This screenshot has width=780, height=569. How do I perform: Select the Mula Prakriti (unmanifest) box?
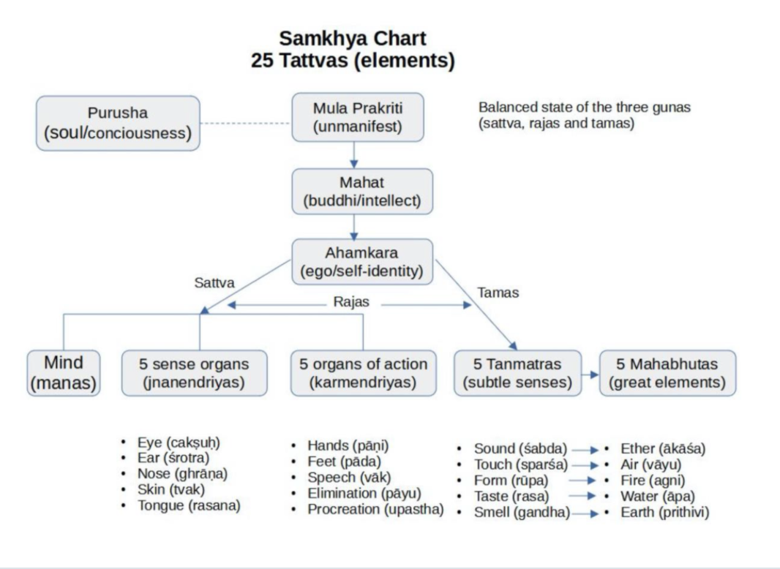(358, 117)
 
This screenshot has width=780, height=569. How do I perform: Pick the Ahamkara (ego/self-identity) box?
(362, 263)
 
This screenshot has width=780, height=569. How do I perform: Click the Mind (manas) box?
(64, 373)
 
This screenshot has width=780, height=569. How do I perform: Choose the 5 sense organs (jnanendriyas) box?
(194, 373)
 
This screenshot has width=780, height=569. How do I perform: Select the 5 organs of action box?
(364, 373)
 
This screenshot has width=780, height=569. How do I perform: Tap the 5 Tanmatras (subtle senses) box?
(517, 373)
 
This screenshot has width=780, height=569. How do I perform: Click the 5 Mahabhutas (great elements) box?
(667, 373)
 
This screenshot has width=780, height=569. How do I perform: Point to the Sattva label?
(214, 282)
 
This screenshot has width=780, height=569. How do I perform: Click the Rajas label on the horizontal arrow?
(351, 302)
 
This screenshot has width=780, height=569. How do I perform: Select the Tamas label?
(498, 293)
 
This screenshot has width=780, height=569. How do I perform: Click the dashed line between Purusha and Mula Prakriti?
(246, 124)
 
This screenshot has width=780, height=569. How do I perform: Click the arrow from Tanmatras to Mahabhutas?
(590, 374)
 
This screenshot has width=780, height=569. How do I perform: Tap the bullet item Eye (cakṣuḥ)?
(179, 442)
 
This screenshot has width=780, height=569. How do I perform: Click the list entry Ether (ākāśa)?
(663, 448)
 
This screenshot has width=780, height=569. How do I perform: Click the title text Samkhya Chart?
(353, 38)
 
